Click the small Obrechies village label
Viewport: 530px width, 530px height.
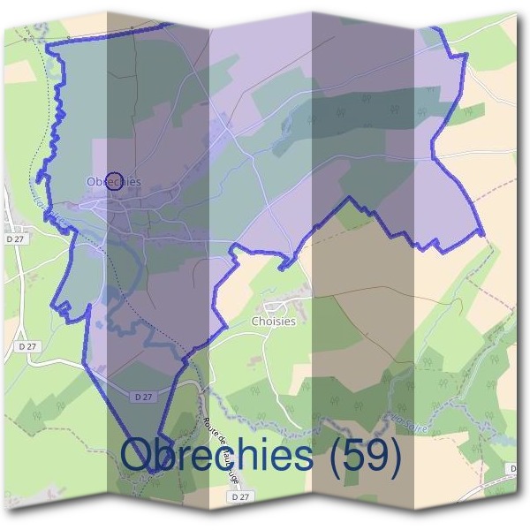point(114,182)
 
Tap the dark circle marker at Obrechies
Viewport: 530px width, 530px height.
point(113,181)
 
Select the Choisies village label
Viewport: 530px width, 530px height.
point(273,322)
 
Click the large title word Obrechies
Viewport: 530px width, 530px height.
point(217,455)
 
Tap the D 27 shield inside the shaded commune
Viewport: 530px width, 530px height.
point(142,397)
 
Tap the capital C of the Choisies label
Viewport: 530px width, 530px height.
point(255,322)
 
